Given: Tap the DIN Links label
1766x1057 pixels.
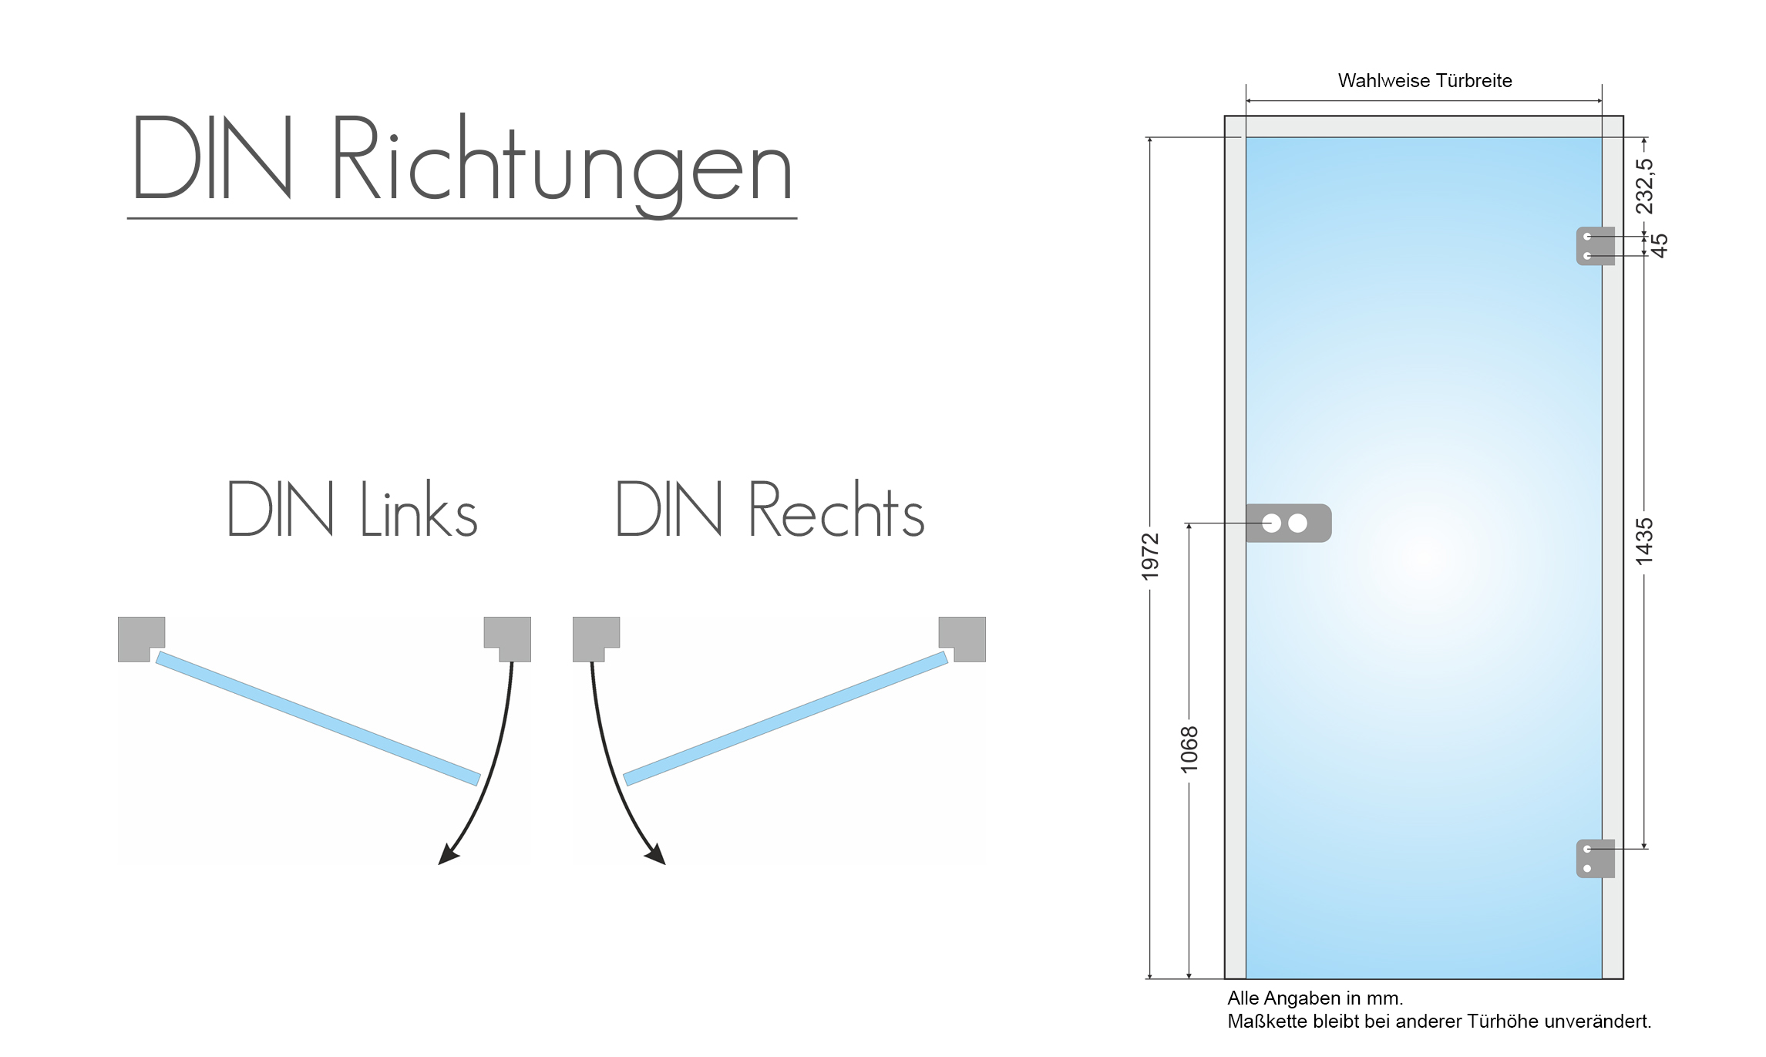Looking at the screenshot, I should (352, 509).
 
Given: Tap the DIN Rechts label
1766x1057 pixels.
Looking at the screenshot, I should (769, 509).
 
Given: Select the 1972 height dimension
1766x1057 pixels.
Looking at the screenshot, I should (1150, 556).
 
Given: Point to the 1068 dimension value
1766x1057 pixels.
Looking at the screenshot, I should (1189, 749).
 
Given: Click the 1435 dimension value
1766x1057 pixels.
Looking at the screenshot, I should (1644, 541).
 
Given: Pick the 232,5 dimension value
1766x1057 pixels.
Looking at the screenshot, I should (1644, 186).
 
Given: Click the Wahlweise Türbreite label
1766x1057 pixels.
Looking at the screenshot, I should (1425, 81).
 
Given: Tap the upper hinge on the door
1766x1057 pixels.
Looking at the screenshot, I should (1595, 246).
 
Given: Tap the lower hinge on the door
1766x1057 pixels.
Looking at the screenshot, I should (1595, 858).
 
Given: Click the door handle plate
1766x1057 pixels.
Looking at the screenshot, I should (1289, 523).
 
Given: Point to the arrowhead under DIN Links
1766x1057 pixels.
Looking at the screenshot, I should (447, 855).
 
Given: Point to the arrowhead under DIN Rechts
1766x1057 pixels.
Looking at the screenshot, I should (656, 854).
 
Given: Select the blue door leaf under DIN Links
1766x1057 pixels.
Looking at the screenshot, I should (318, 719).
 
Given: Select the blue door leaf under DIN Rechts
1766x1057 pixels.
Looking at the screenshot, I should (785, 719).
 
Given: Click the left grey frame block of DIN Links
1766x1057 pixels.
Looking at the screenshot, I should (140, 637).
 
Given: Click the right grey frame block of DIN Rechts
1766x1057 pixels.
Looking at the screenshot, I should (964, 637).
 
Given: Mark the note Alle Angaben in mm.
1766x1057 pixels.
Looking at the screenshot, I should (1315, 998).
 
